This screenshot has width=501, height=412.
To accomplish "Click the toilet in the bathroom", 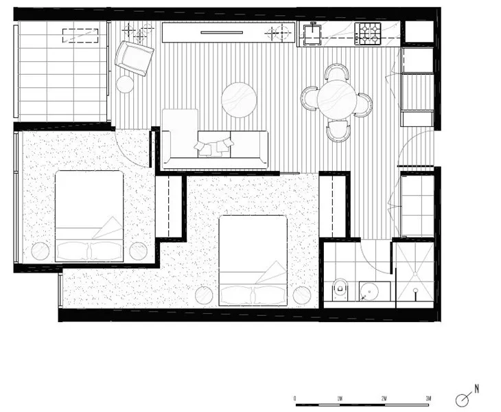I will [338, 290].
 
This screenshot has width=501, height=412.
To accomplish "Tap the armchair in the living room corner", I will [134, 57].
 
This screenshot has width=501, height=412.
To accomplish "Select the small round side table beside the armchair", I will [125, 84].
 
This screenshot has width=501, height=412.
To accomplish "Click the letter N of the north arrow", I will [476, 389].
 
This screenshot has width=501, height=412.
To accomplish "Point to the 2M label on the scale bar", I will [384, 399].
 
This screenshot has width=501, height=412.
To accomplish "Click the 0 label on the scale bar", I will [294, 399].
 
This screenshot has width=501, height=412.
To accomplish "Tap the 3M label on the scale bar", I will [429, 399].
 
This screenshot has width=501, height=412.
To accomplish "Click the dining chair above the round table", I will [336, 72].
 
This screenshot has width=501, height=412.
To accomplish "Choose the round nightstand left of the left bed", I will [39, 251].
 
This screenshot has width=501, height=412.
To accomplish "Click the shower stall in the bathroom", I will [413, 273].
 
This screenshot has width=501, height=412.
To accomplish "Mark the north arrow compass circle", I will [463, 399].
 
